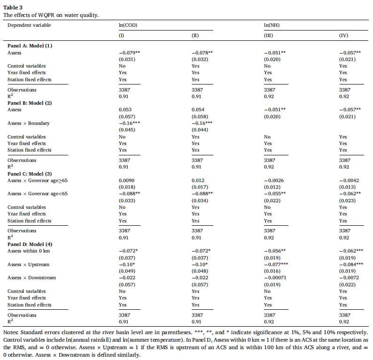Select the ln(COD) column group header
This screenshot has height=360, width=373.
pyautogui.click(x=128, y=24)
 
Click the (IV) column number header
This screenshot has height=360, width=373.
pyautogui.click(x=344, y=36)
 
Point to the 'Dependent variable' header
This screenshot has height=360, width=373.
pyautogui.click(x=29, y=24)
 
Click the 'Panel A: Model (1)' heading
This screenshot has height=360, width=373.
pyautogui.click(x=30, y=46)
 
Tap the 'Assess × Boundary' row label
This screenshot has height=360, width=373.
pyautogui.click(x=28, y=123)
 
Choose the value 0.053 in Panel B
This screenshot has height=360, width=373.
pyautogui.click(x=125, y=109)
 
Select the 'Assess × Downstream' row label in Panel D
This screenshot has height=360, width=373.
pyautogui.click(x=31, y=277)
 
